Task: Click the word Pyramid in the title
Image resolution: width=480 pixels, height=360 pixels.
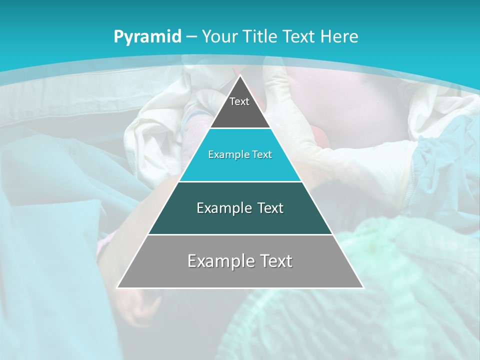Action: pos(147,37)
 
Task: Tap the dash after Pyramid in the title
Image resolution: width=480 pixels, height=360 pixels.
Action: pos(191,37)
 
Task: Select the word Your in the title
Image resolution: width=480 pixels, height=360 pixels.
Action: pos(219,37)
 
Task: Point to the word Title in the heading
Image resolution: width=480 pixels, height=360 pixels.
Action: pos(260,37)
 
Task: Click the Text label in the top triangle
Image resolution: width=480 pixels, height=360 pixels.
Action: pos(239,101)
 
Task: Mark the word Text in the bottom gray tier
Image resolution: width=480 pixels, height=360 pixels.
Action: pos(273,261)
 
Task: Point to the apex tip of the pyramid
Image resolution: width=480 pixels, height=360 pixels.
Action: pos(240,76)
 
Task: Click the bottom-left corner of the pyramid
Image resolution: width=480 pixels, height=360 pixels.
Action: pos(118,287)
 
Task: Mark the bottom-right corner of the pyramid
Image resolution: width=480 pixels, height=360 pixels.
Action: pos(362,287)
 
